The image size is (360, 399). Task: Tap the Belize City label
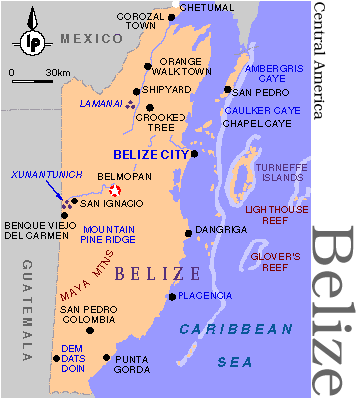[x=149, y=154]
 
